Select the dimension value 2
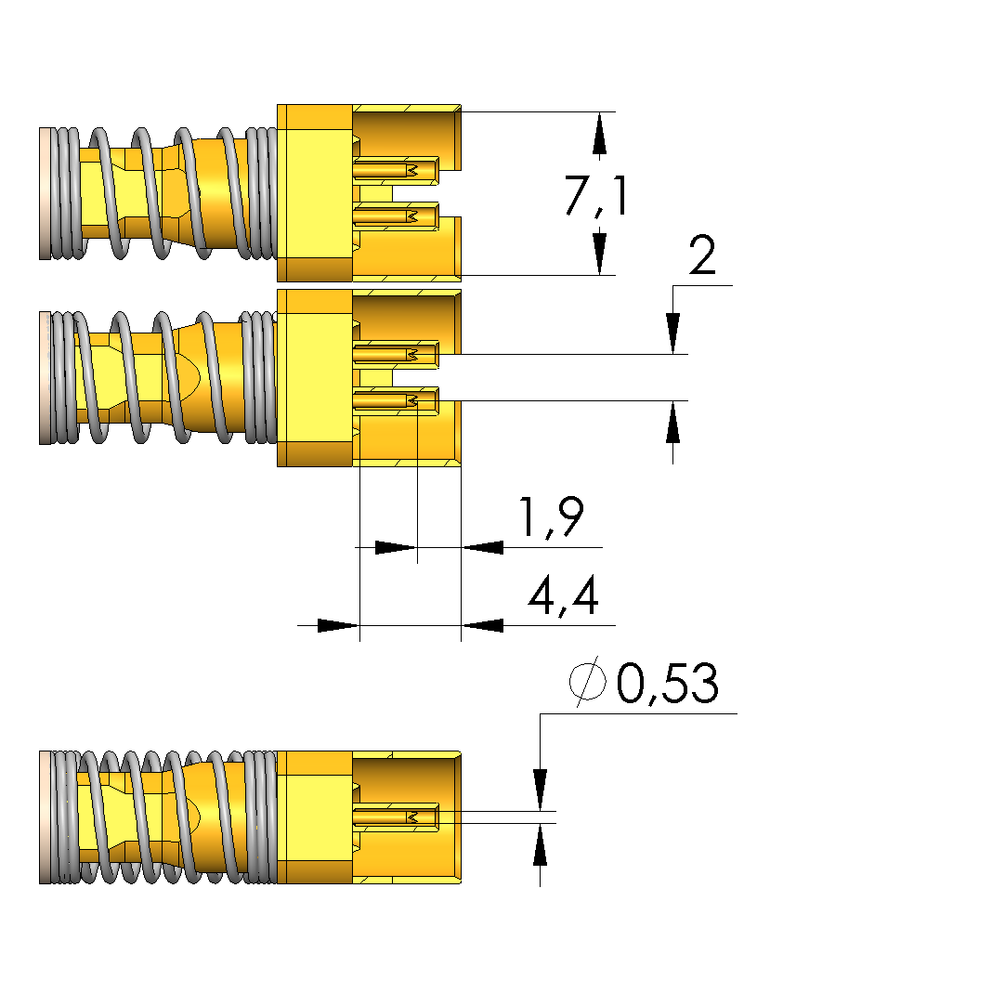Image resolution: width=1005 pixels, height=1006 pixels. click(702, 256)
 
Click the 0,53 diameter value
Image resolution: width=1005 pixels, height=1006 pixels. click(667, 685)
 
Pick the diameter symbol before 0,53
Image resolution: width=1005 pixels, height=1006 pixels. click(588, 684)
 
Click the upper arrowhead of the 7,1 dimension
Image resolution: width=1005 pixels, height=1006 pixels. click(600, 134)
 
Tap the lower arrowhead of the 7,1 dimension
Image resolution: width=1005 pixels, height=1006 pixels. click(600, 253)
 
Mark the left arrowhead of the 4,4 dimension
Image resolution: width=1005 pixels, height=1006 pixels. click(337, 625)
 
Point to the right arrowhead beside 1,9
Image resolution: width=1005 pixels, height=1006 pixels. click(483, 547)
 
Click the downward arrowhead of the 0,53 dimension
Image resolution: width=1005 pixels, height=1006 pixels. click(540, 790)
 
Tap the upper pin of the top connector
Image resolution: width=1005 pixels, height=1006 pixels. click(395, 170)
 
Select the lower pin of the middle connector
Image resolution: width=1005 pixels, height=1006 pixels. click(395, 400)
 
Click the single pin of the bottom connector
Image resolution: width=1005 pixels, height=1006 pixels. click(395, 817)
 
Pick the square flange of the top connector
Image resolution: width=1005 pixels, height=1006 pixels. click(315, 192)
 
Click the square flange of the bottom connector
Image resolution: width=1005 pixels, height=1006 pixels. click(315, 817)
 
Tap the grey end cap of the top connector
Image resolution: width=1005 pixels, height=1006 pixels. click(45, 192)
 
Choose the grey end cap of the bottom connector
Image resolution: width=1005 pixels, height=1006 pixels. click(45, 817)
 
